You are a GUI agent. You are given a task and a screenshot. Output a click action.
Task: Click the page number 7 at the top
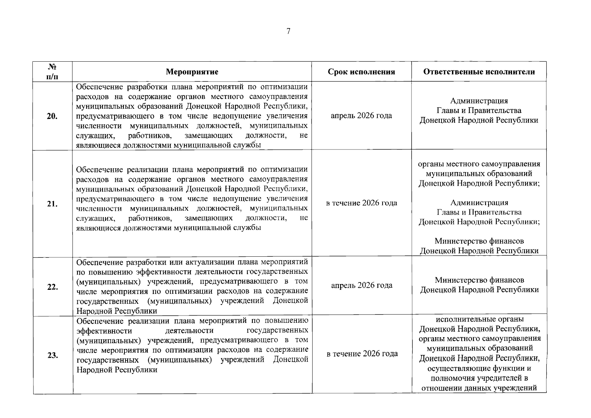pos(288,31)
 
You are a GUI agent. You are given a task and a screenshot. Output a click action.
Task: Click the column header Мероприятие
pos(192,72)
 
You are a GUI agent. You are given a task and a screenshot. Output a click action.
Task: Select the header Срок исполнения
pos(361,72)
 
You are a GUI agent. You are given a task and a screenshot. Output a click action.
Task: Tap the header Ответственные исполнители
pos(479,72)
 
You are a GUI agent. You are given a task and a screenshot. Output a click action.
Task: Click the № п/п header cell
pos(52,71)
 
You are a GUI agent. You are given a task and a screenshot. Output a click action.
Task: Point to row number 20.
pos(52,116)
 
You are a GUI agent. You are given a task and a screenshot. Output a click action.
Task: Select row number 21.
pos(52,204)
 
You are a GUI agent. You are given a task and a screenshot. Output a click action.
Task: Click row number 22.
pos(52,287)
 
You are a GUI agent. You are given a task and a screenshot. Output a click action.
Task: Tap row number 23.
pos(52,356)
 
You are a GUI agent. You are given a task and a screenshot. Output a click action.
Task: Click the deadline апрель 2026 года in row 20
pos(361,116)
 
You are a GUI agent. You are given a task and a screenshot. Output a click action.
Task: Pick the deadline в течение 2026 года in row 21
pos(361,203)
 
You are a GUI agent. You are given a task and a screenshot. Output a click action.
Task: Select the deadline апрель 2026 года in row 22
pos(361,286)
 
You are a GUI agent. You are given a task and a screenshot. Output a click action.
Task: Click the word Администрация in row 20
pos(479,101)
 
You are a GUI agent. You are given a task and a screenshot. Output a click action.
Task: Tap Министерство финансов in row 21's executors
pos(479,241)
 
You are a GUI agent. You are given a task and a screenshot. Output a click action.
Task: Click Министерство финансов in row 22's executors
pos(479,280)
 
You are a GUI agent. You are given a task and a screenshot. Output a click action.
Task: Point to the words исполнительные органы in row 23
pos(479,319)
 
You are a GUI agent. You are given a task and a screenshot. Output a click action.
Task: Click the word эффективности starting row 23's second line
pos(104,330)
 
